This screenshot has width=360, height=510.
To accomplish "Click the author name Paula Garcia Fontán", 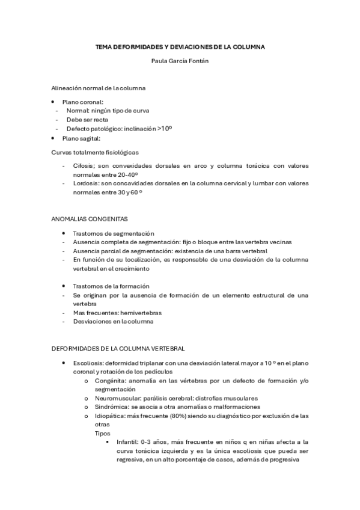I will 180,60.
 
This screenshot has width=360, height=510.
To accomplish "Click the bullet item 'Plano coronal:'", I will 87,102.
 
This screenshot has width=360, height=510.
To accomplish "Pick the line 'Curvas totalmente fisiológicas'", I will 94,152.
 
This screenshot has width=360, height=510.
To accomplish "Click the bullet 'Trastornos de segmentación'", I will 113,233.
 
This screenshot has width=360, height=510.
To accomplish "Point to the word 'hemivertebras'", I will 141,313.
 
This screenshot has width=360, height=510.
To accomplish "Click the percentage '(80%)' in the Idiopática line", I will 190,416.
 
